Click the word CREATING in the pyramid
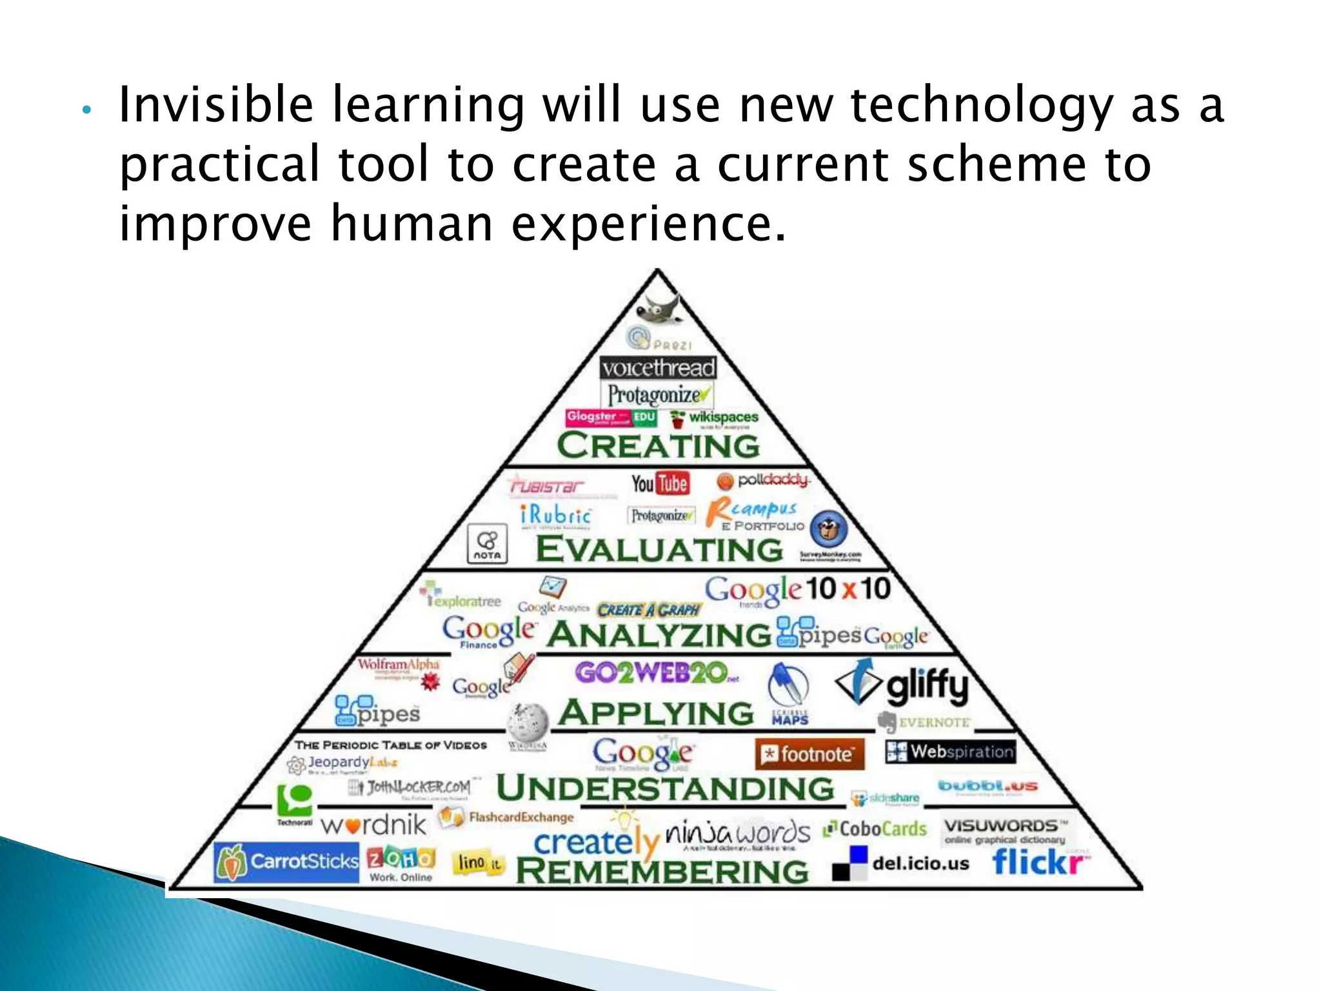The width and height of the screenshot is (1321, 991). [x=659, y=446]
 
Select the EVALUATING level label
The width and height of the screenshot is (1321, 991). [x=659, y=550]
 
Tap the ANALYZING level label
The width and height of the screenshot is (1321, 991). [x=659, y=634]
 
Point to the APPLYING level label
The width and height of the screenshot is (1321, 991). [x=656, y=713]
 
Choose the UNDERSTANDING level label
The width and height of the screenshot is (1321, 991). [x=665, y=788]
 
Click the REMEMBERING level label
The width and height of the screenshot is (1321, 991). [x=662, y=872]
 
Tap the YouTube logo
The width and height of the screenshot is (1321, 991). [x=660, y=483]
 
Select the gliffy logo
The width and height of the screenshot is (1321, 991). [x=903, y=685]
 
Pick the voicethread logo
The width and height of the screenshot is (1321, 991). [x=658, y=368]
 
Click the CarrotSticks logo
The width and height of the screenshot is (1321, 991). [x=286, y=862]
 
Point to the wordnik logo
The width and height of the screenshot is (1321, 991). [x=373, y=825]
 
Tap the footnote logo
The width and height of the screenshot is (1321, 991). [x=809, y=754]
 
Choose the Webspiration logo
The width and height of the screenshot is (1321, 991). [x=950, y=752]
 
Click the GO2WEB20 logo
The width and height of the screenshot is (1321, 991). [x=655, y=674]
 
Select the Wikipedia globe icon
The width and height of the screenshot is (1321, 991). [x=527, y=721]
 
